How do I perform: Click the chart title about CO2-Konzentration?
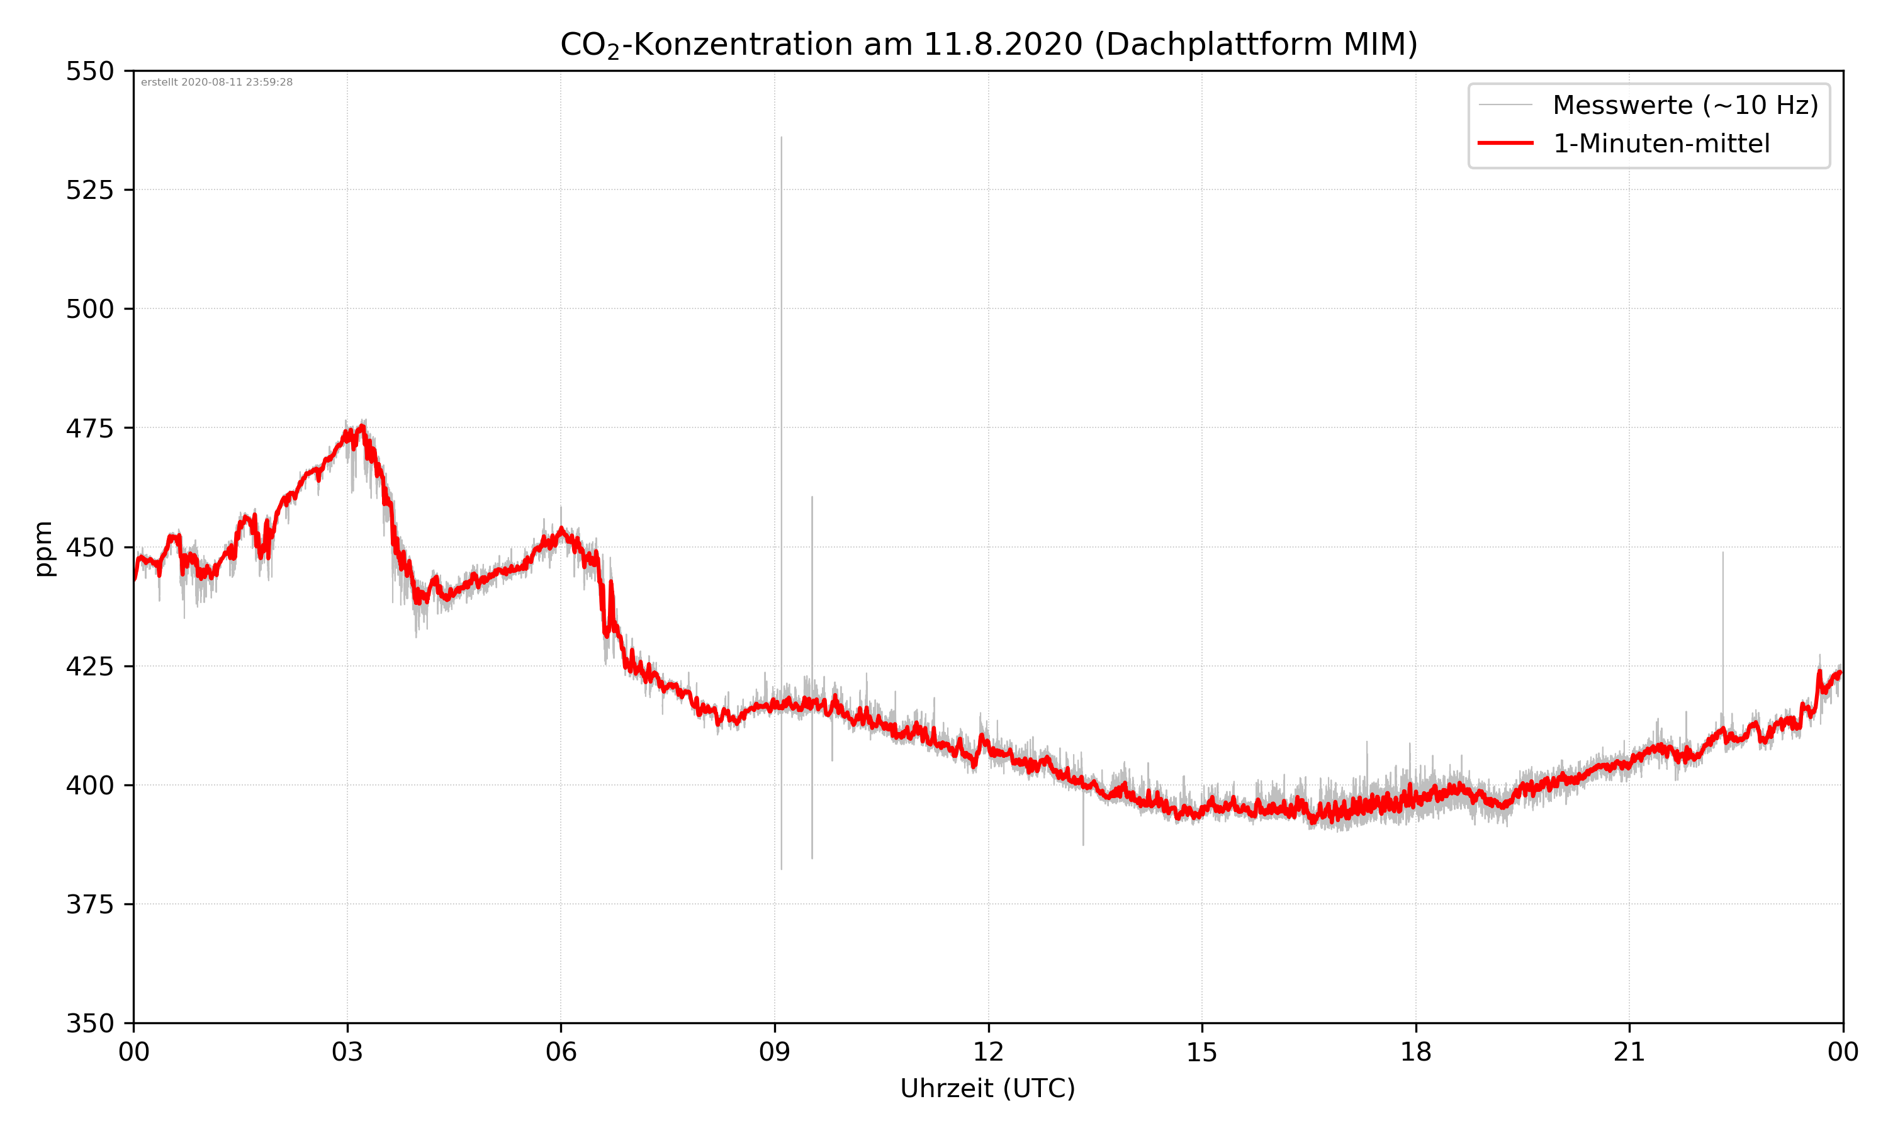coord(988,44)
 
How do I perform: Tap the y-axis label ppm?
coord(44,548)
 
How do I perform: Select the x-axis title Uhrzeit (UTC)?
coord(987,1088)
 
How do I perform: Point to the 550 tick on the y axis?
coord(89,71)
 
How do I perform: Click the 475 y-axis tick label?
coord(89,428)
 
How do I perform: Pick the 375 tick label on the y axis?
coord(89,905)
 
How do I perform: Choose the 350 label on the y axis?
coord(89,1023)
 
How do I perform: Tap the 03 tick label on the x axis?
coord(347,1052)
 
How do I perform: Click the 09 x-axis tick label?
coord(775,1052)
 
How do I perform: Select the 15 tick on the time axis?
coord(1202,1052)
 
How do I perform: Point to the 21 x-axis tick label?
coord(1629,1052)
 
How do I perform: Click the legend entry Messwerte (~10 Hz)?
coord(1685,105)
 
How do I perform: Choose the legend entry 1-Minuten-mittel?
coord(1661,144)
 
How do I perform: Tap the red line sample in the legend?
coord(1505,143)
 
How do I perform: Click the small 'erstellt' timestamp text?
coord(216,82)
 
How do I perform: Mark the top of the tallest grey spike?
coord(782,137)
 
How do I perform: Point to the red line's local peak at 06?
coord(561,529)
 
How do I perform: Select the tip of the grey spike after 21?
coord(1722,552)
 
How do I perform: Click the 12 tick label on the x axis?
coord(988,1052)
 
